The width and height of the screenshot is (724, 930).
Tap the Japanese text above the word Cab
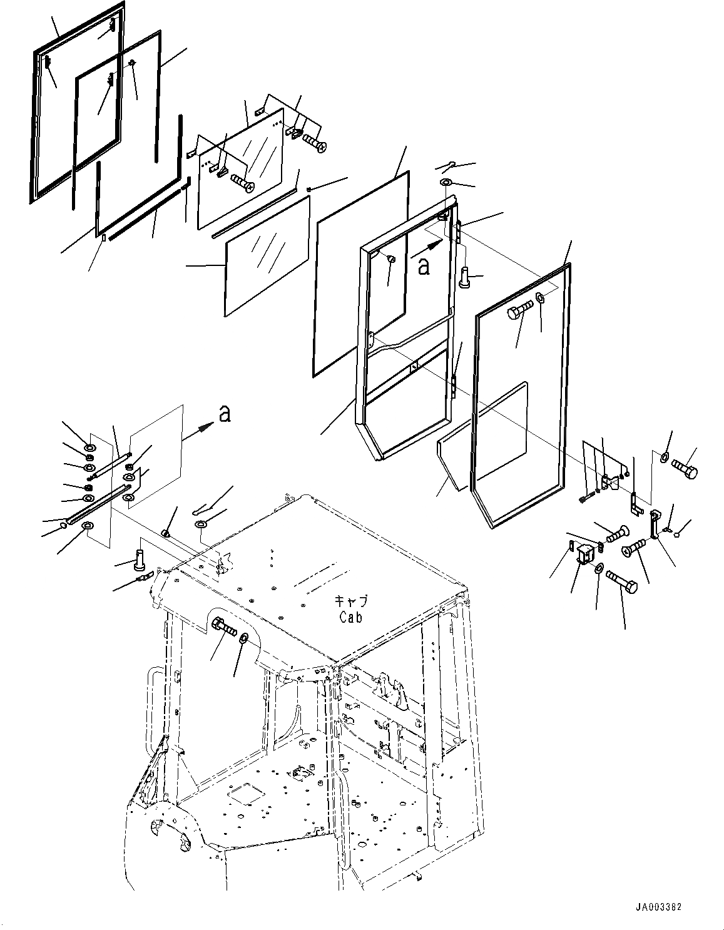[x=351, y=601]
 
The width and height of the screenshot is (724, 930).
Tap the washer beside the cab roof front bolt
[x=243, y=638]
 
